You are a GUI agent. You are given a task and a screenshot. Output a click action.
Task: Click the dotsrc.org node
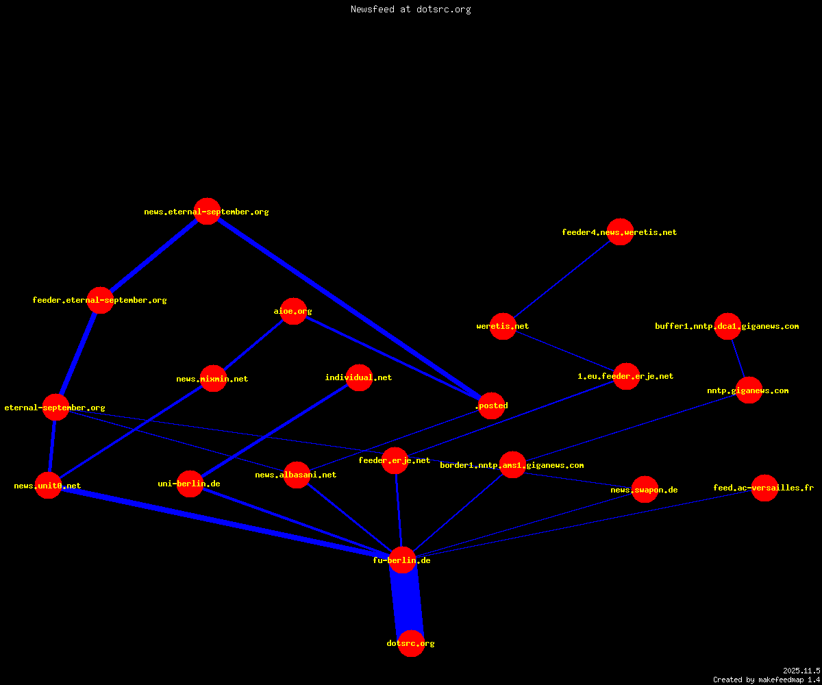coord(411,643)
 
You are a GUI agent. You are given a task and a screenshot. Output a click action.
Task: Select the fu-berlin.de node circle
coord(402,560)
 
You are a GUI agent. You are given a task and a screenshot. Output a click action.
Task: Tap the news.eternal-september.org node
coord(207,212)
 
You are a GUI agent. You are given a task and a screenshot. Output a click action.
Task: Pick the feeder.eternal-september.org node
coord(101,300)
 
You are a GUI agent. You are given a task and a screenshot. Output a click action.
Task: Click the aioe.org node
coord(293,311)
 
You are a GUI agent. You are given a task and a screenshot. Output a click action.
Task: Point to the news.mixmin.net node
coord(213,378)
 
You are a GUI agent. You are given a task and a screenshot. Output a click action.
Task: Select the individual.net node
coord(359,377)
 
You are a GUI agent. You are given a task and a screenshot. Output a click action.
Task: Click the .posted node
coord(491,406)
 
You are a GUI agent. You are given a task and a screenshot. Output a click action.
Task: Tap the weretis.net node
coord(503,326)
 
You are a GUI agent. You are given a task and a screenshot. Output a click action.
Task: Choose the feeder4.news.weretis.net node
coord(620,232)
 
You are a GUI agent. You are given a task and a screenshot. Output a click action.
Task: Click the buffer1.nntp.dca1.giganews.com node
coord(727,326)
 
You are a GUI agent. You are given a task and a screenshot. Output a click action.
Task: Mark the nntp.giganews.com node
coord(749,390)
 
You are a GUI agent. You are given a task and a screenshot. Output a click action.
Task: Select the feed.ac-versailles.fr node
coord(764,488)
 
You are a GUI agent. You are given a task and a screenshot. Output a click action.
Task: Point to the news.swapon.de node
coord(645,489)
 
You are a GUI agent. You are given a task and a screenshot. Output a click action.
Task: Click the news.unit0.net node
coord(48,486)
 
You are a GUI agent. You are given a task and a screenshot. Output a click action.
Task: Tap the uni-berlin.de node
coord(190,484)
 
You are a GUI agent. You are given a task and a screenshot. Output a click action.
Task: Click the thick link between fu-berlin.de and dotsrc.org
coord(407,601)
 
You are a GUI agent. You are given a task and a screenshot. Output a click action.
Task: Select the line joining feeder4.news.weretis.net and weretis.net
coord(562,279)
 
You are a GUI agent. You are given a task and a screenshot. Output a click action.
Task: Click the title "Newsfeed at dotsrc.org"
coord(410,9)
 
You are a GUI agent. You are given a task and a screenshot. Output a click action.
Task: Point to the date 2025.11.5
coord(801,671)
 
